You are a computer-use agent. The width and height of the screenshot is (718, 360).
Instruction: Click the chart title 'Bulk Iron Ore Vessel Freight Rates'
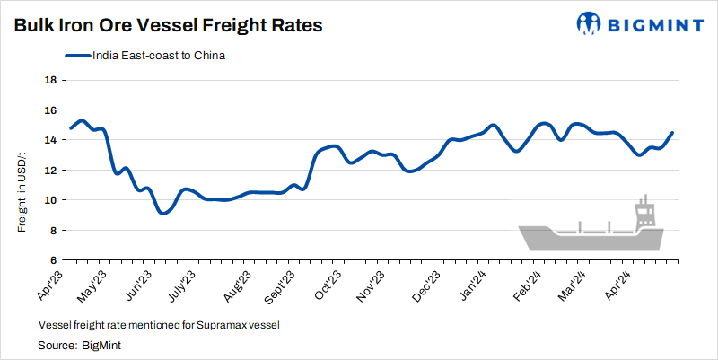(x=168, y=26)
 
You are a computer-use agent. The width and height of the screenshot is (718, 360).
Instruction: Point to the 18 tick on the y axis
(x=51, y=80)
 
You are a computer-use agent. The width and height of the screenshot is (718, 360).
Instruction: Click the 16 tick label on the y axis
(x=51, y=110)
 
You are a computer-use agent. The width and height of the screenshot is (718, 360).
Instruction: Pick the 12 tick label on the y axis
(x=51, y=170)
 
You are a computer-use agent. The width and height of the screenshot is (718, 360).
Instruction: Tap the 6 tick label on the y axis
(x=54, y=260)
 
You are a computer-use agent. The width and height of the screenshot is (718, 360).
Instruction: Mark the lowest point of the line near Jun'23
(x=162, y=213)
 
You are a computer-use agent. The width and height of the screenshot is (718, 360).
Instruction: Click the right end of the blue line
(x=672, y=133)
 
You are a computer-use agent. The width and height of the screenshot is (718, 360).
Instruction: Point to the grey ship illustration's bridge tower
(x=644, y=214)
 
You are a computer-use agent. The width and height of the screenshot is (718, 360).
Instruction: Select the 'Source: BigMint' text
(x=80, y=345)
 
